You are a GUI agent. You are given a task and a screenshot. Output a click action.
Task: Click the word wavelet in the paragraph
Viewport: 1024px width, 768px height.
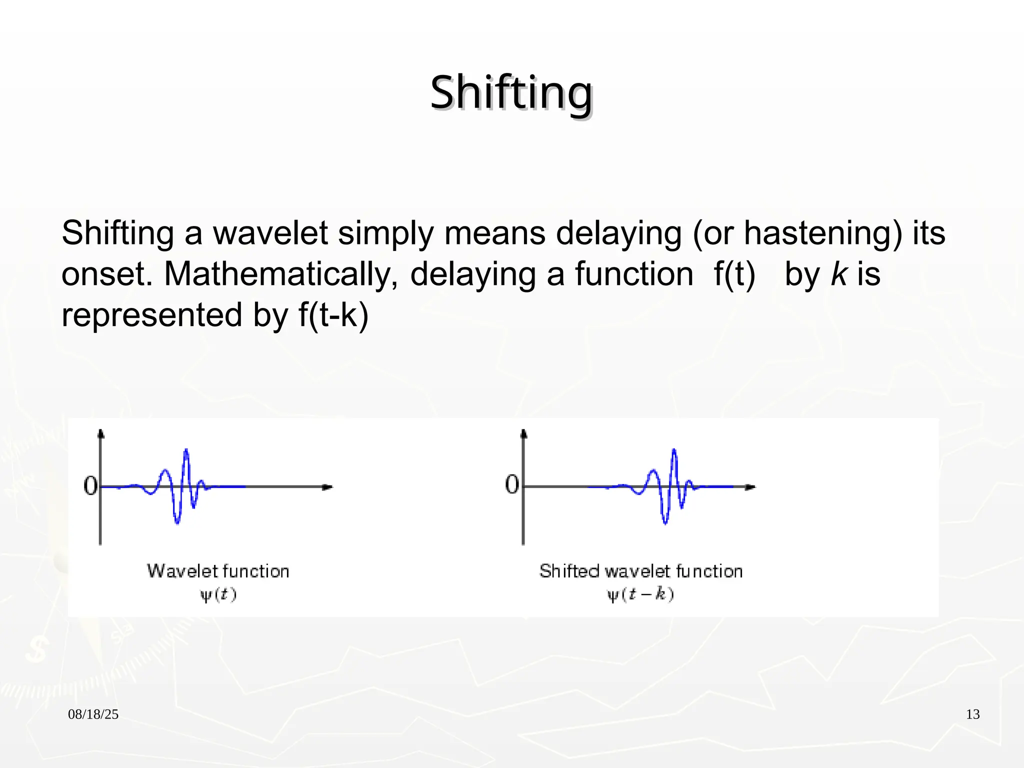[270, 233]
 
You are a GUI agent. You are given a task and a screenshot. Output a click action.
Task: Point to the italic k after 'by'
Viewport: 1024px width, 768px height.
[838, 274]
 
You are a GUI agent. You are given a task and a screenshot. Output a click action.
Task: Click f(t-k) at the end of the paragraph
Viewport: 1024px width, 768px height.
[333, 315]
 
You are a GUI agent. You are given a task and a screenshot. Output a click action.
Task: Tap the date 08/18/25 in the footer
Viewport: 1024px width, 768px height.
[93, 714]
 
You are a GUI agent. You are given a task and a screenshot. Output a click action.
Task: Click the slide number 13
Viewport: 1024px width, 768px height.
[972, 714]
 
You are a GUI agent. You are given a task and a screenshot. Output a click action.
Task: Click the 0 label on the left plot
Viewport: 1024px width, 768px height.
[90, 485]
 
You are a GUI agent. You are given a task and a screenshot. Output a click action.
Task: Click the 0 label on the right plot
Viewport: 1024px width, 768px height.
[512, 484]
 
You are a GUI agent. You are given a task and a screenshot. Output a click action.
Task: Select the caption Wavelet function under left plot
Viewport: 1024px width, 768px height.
[218, 571]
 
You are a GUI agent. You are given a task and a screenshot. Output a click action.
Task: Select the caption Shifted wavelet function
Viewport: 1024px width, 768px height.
[640, 571]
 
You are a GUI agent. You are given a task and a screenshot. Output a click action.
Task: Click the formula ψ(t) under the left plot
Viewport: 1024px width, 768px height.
[218, 595]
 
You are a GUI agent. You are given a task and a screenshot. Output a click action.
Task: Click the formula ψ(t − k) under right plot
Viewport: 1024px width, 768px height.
[640, 595]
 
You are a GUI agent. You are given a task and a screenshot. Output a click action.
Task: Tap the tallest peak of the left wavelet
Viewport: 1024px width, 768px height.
[186, 450]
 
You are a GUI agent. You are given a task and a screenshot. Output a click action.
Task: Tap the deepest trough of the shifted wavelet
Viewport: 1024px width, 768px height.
[665, 522]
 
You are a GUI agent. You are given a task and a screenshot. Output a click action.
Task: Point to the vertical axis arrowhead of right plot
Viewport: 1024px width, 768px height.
[523, 433]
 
